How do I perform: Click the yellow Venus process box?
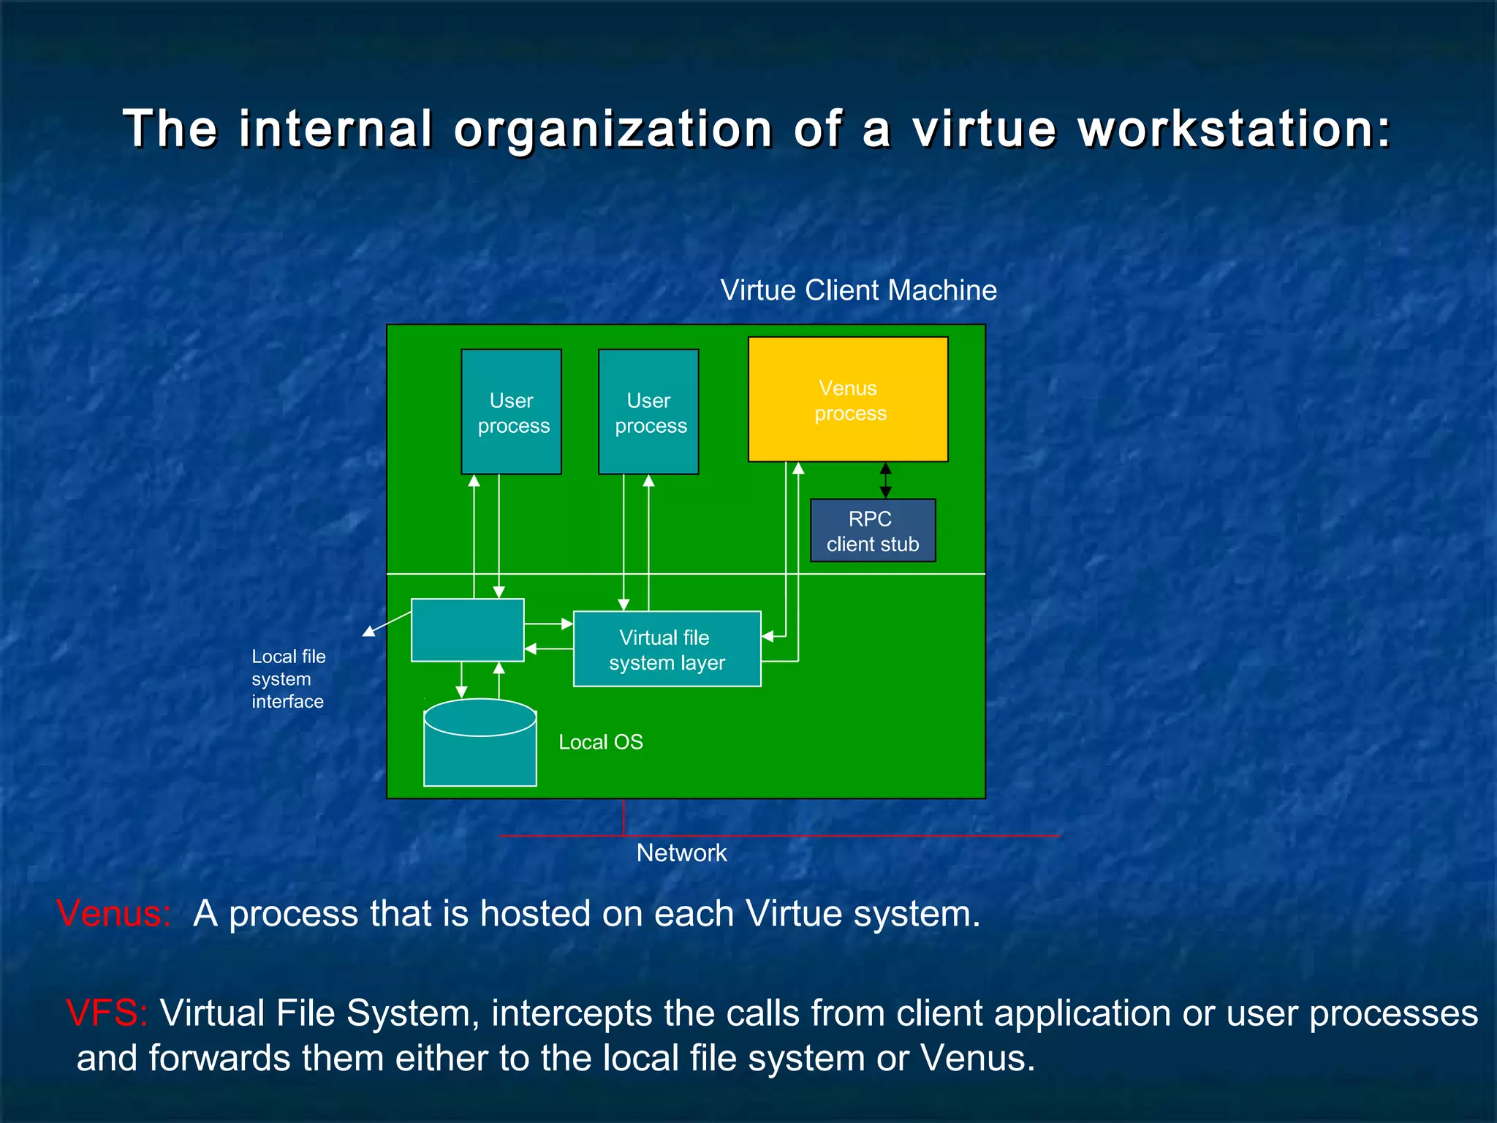pos(848,399)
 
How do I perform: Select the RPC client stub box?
pos(873,531)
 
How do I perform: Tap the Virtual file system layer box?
pos(667,649)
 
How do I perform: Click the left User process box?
pos(511,412)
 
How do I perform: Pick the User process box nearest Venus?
pos(648,412)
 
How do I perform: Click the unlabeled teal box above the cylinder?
pos(467,629)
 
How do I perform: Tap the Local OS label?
pos(601,742)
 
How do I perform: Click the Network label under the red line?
pos(681,852)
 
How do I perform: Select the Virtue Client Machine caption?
pos(858,290)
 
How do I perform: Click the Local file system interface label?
pos(288,678)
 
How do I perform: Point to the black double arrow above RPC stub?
pos(885,480)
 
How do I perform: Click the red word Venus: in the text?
pos(114,914)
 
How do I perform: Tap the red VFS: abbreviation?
pos(107,1013)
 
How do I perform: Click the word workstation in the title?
pos(1234,129)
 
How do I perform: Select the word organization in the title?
pos(613,129)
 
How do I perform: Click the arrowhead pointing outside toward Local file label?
pos(369,631)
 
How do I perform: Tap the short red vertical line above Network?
pos(624,817)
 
